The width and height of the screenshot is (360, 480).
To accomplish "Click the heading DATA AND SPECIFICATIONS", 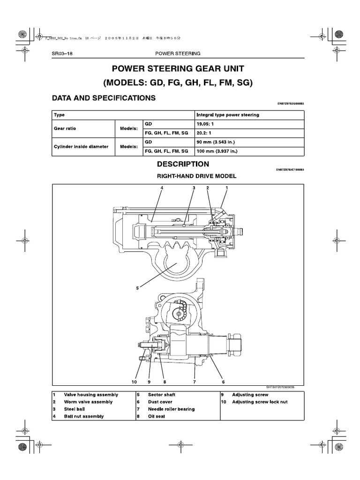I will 104,98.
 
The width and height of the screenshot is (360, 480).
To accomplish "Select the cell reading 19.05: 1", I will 207,124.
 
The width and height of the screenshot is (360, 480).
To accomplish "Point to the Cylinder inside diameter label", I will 81,146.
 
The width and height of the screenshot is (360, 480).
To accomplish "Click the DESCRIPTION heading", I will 183,165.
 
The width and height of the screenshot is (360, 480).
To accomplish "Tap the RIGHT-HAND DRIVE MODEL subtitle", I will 196,176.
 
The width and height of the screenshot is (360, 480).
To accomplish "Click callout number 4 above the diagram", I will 161,188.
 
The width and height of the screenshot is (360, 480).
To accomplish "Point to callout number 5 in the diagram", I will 137,288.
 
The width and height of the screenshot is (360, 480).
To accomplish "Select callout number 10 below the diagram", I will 134,382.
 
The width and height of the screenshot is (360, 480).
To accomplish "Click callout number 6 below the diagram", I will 223,382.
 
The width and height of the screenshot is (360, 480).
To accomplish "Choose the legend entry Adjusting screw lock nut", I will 260,402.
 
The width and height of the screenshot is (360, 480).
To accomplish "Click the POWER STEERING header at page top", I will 178,53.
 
